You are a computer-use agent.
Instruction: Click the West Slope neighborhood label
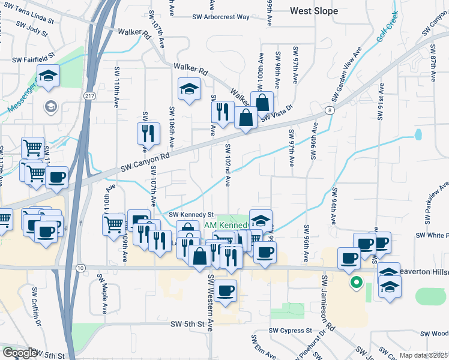pyautogui.click(x=314, y=11)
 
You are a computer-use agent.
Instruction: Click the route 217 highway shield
pyautogui.click(x=88, y=96)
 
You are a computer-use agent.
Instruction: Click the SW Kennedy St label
pyautogui.click(x=191, y=214)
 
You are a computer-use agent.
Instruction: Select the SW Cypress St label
pyautogui.click(x=291, y=331)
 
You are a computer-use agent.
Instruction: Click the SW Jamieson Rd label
pyautogui.click(x=328, y=296)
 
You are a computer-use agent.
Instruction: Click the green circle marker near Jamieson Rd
pyautogui.click(x=356, y=281)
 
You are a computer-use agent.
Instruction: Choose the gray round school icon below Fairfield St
pyautogui.click(x=50, y=107)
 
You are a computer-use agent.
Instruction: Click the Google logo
pyautogui.click(x=20, y=353)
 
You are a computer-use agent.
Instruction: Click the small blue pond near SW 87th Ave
pyautogui.click(x=418, y=134)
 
